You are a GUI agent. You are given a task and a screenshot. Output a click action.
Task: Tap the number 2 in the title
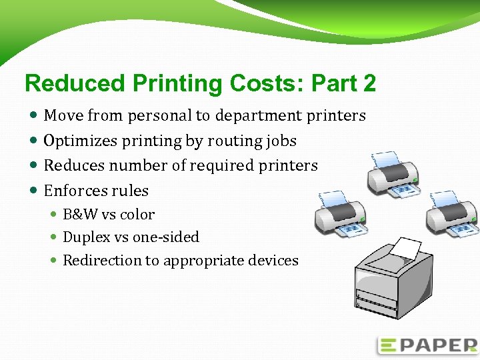369,84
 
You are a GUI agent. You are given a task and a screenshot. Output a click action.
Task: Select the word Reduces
71,165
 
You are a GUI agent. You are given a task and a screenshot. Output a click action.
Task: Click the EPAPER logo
427,345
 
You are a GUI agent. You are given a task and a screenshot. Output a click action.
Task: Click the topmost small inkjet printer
393,175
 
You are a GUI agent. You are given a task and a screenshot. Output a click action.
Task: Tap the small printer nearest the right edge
451,214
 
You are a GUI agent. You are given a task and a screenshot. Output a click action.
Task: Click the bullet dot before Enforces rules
34,191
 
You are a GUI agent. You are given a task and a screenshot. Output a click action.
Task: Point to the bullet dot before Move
34,116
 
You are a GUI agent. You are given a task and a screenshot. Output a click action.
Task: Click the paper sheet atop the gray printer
405,249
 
